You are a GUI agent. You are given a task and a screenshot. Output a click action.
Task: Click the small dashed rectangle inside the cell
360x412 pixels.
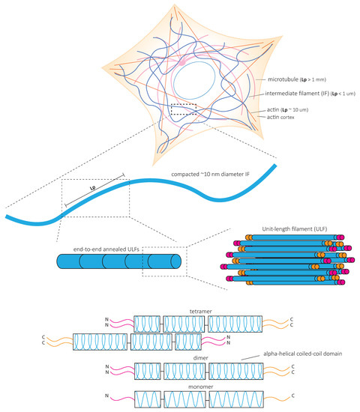184,110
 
